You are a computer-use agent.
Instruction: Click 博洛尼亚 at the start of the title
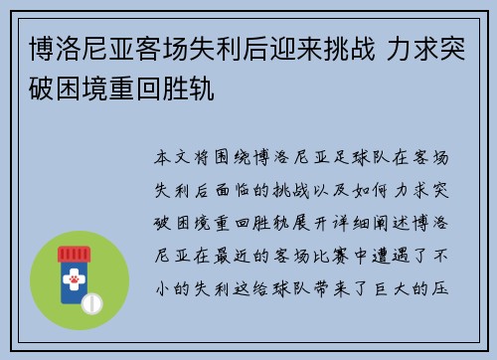[83, 50]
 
